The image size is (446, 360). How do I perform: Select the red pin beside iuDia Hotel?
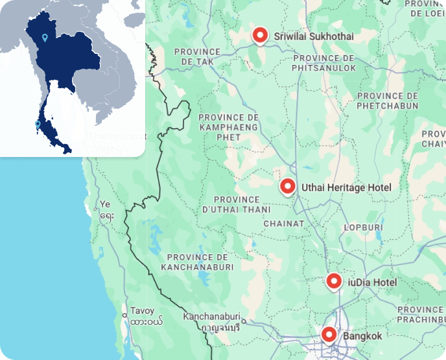(x=334, y=282)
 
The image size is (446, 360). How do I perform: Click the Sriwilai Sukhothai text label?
(x=314, y=36)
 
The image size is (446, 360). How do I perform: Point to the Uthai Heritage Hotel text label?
(x=346, y=187)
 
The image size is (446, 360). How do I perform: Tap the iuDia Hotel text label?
(x=372, y=282)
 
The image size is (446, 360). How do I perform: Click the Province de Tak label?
(x=198, y=56)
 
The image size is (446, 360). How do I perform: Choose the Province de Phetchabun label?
(x=387, y=100)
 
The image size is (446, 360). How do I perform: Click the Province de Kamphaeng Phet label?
(x=229, y=127)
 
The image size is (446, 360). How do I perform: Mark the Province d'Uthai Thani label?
(x=236, y=204)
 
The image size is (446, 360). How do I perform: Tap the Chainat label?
(x=283, y=223)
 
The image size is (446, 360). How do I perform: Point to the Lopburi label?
(x=364, y=228)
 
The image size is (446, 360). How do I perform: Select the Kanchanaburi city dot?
(x=244, y=320)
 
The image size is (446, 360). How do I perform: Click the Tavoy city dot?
(x=125, y=315)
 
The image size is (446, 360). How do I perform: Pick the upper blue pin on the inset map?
(x=44, y=37)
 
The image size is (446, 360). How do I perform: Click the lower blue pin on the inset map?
(x=38, y=123)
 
